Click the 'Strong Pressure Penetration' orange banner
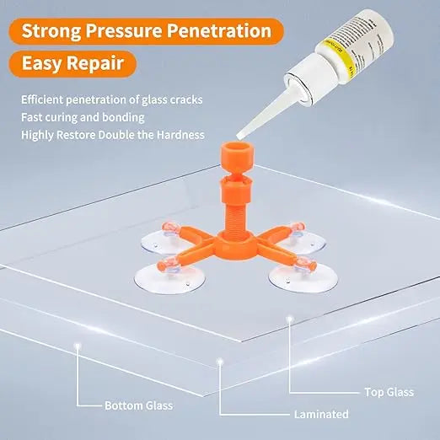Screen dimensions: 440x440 click(147, 31)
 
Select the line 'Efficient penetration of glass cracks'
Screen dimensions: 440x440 click(110, 99)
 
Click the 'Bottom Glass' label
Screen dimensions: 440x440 click(138, 405)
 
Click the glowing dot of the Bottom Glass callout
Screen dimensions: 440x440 click(78, 346)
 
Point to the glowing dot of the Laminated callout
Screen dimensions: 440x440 click(220, 362)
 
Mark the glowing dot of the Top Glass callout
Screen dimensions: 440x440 click(289, 319)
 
